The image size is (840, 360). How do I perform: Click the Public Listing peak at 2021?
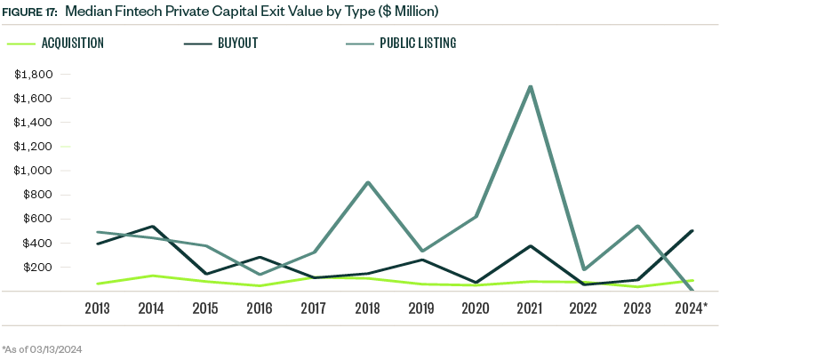point(531,87)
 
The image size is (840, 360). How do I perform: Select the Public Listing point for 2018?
point(368,183)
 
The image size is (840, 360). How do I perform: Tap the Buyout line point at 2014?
point(151,227)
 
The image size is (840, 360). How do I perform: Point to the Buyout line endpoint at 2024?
point(692,231)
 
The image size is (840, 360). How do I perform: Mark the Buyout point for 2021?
point(531,246)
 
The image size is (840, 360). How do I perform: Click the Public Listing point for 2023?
point(638,226)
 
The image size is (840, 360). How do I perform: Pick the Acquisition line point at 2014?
point(151,276)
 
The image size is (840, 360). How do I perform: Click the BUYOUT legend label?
point(234,43)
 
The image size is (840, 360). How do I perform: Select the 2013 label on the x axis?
point(97,308)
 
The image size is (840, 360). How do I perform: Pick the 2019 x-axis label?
point(422,308)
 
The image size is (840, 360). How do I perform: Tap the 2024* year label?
point(692,308)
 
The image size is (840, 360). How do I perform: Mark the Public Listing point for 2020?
point(476,216)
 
